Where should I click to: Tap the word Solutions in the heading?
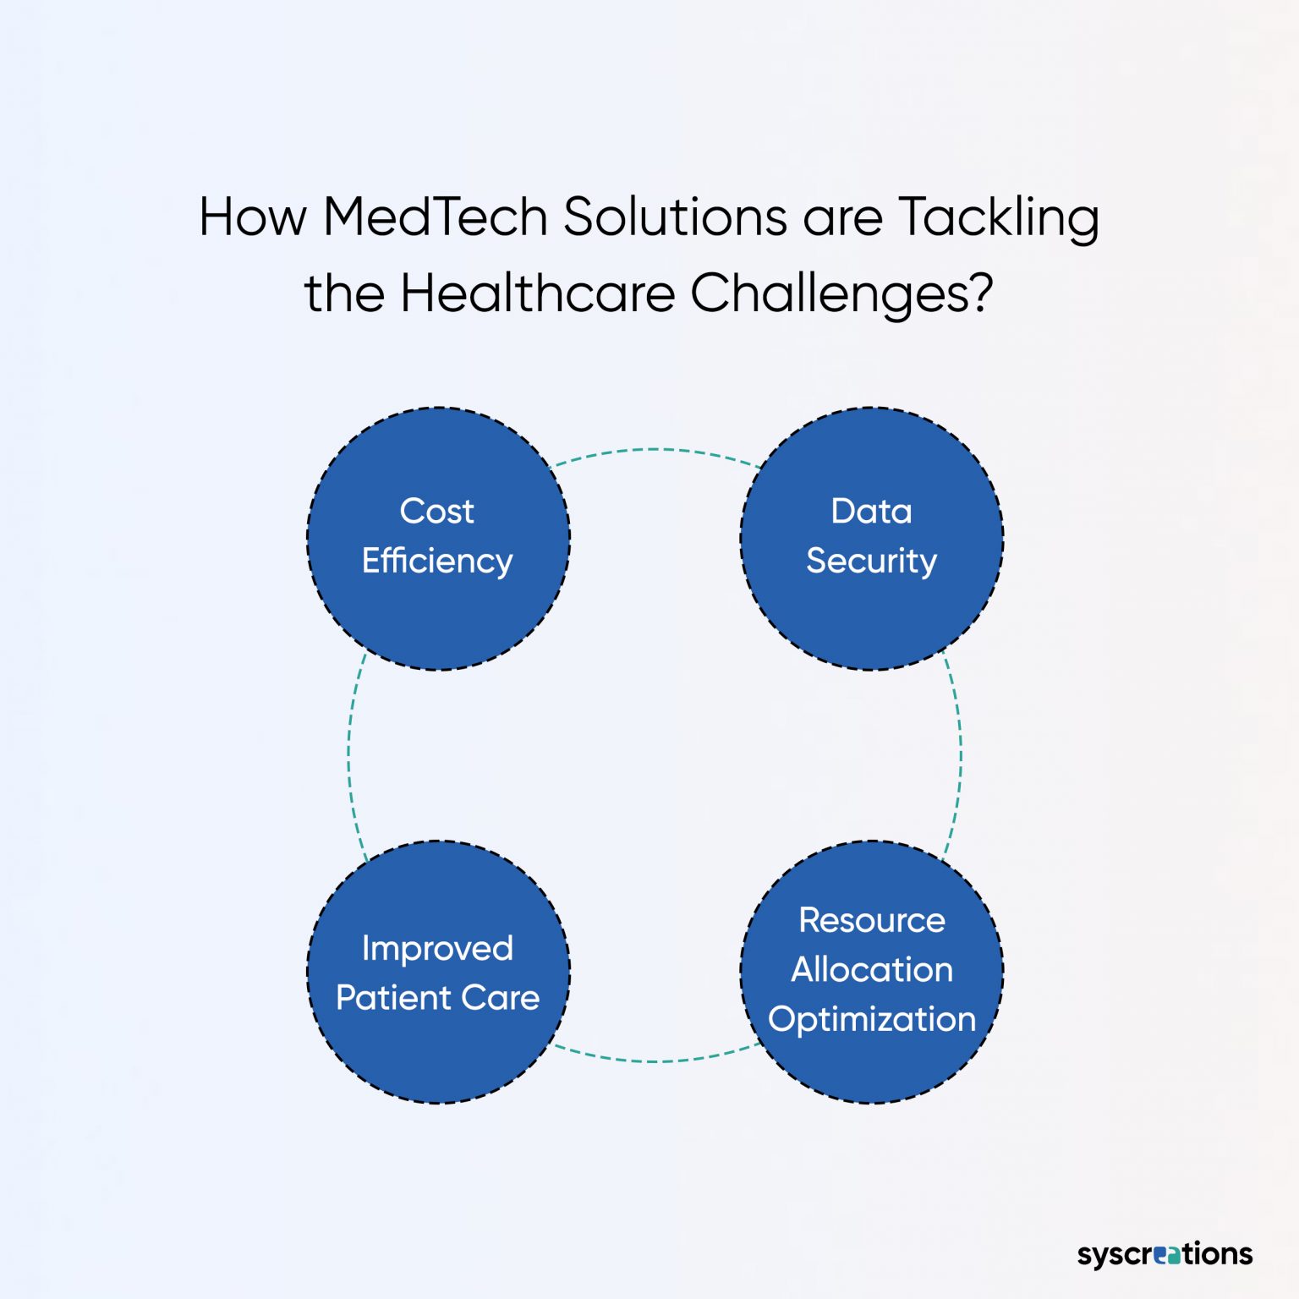pyautogui.click(x=676, y=216)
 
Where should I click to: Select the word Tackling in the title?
pyautogui.click(x=998, y=218)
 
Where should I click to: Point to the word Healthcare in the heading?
pyautogui.click(x=538, y=293)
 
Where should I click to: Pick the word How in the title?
pyautogui.click(x=252, y=216)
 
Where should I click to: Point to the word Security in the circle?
pyautogui.click(x=871, y=562)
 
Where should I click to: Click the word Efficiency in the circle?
pyautogui.click(x=437, y=562)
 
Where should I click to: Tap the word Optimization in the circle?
pyautogui.click(x=871, y=1020)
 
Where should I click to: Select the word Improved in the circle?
pyautogui.click(x=437, y=948)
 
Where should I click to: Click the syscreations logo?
pyautogui.click(x=1165, y=1253)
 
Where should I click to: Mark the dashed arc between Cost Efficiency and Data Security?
pyautogui.click(x=655, y=450)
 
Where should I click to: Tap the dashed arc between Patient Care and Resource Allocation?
pyautogui.click(x=655, y=1061)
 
